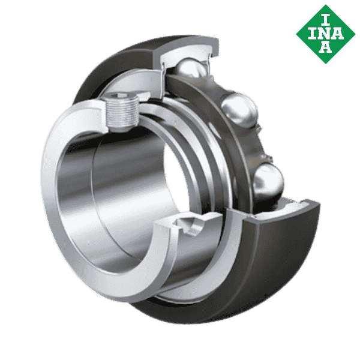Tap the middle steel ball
point(239,111)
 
